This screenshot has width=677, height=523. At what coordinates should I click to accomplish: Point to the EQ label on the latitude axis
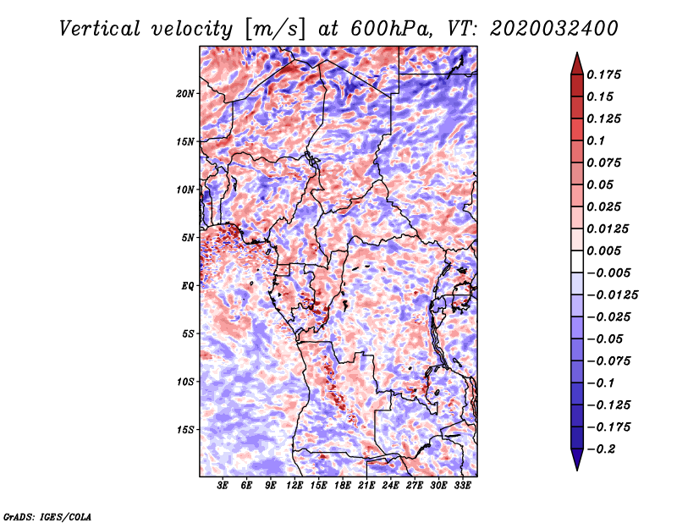[x=189, y=286]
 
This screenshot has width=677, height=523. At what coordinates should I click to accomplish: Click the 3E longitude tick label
[x=223, y=486]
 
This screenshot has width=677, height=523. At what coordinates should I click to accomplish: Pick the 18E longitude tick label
[x=343, y=486]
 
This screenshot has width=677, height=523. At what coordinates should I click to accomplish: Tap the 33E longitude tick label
[x=462, y=486]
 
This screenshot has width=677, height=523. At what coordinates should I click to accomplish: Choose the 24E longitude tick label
[x=390, y=486]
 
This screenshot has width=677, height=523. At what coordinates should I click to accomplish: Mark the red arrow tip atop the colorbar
[x=576, y=56]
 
